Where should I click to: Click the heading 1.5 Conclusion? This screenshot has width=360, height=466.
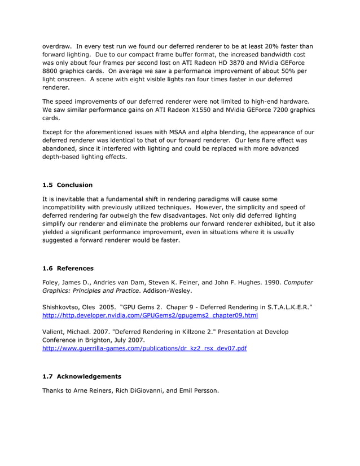[x=67, y=185]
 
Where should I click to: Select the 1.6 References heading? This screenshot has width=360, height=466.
[x=68, y=268]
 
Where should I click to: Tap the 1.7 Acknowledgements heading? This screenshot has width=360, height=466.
[x=81, y=376]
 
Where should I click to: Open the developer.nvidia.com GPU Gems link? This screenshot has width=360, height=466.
[x=150, y=315]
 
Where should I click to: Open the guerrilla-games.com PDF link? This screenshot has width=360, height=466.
[x=144, y=349]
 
